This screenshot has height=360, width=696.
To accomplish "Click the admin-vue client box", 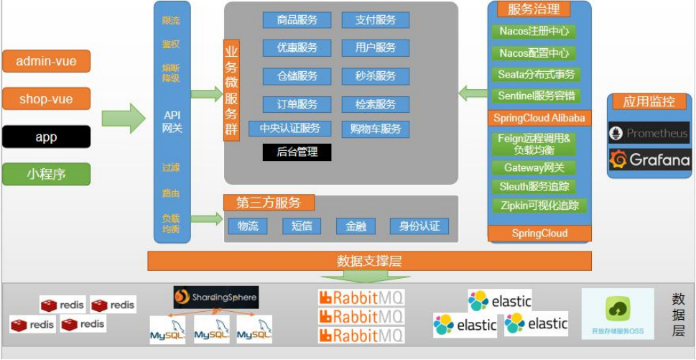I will click(x=46, y=61).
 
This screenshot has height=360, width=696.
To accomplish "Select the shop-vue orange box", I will click(x=46, y=99).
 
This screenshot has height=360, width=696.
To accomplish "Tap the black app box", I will click(x=46, y=137).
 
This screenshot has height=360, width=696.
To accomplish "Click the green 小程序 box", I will click(x=46, y=174).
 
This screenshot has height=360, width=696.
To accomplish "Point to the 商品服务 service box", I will click(x=297, y=20).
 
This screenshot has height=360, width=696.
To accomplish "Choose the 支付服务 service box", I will click(x=375, y=20).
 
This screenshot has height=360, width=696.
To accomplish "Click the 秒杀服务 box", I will click(x=375, y=76).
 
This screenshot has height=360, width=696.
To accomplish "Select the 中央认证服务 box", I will click(x=289, y=129).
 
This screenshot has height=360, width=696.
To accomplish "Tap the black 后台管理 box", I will click(x=297, y=152).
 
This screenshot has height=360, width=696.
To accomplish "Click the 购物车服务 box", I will click(x=375, y=129).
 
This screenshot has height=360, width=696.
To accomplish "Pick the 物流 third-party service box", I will click(x=248, y=226).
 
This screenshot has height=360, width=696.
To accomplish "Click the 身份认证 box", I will click(x=419, y=226).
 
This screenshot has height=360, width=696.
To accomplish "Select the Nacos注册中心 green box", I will click(x=534, y=32).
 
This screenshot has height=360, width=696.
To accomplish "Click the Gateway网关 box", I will click(x=534, y=167).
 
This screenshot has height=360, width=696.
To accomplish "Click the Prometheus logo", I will click(x=649, y=133).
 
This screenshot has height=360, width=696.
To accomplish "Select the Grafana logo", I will click(x=649, y=160).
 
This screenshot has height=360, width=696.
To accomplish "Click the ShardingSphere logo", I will click(x=215, y=297).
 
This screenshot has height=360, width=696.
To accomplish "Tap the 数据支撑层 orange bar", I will click(x=369, y=261).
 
